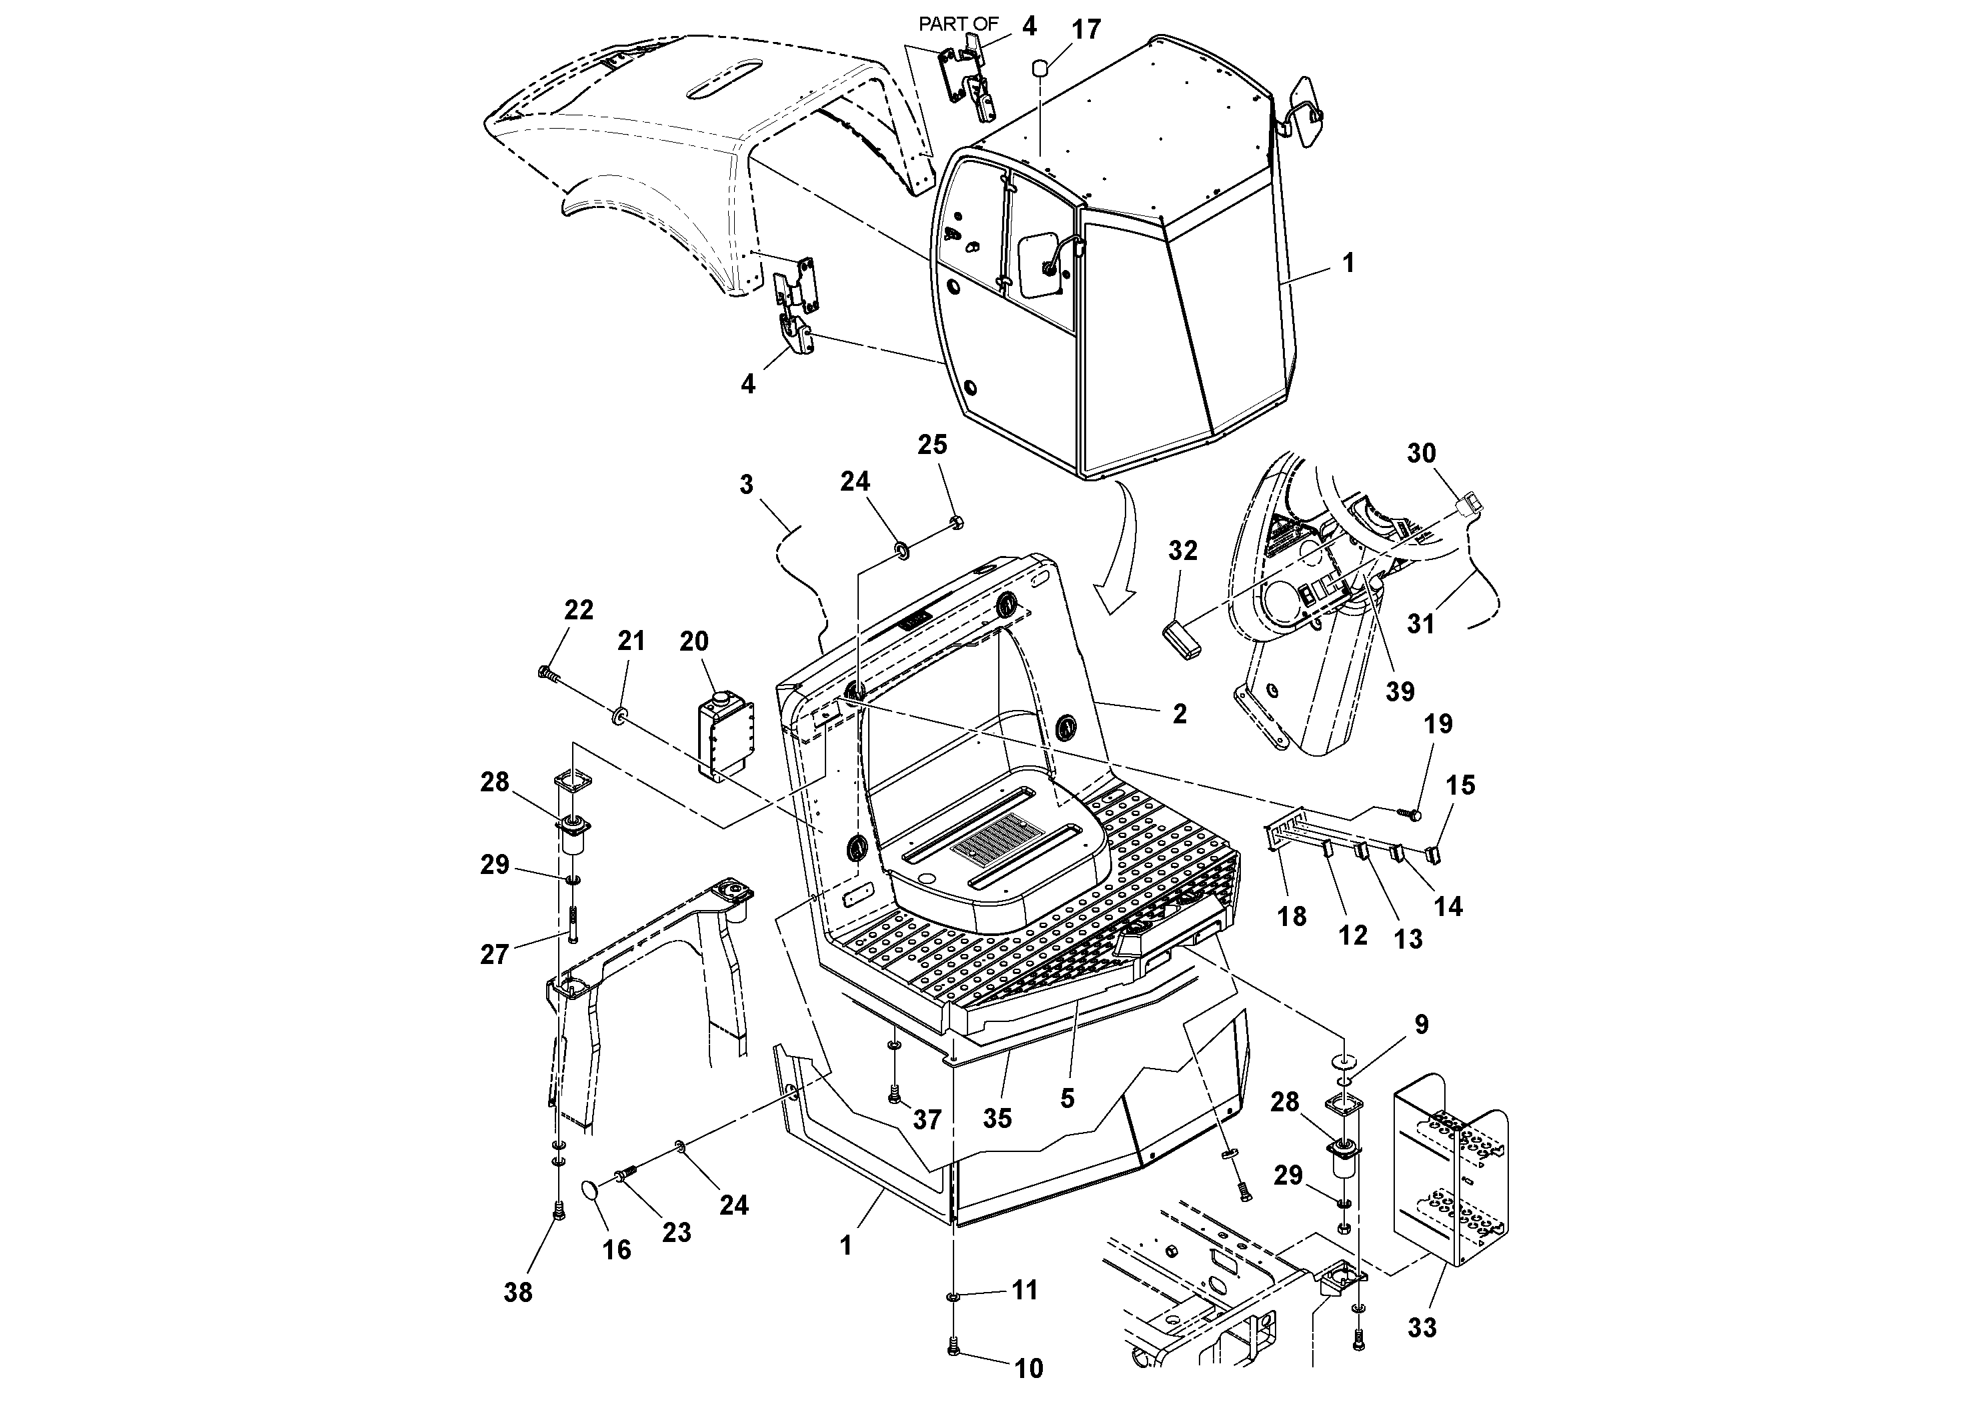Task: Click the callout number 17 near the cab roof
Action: pyautogui.click(x=1086, y=29)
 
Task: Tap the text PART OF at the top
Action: pyautogui.click(x=958, y=24)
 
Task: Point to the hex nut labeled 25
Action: pyautogui.click(x=956, y=522)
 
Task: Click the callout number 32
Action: pyautogui.click(x=1183, y=551)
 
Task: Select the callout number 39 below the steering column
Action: pyautogui.click(x=1400, y=691)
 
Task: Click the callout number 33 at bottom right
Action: pyautogui.click(x=1422, y=1327)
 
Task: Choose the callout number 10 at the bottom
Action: pyautogui.click(x=1028, y=1368)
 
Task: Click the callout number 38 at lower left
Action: pyautogui.click(x=518, y=1292)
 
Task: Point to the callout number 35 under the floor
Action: pyautogui.click(x=997, y=1119)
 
